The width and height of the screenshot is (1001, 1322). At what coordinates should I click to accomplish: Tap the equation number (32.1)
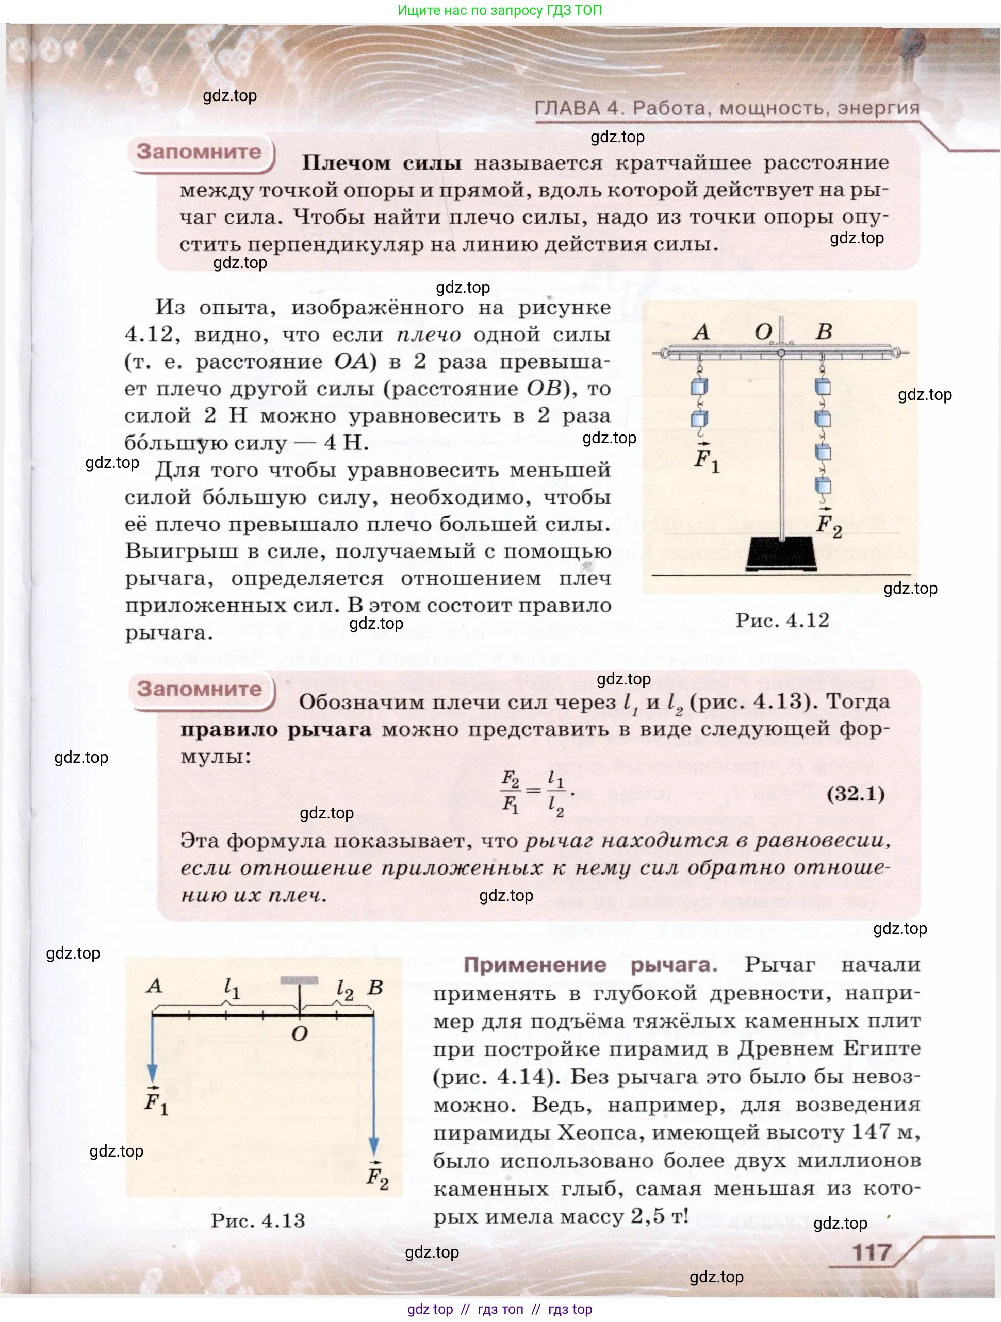855,794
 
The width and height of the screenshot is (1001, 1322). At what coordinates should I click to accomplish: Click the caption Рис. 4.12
782,621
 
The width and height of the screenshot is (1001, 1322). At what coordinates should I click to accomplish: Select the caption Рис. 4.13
258,1220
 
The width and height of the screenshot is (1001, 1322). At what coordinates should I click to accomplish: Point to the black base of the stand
781,554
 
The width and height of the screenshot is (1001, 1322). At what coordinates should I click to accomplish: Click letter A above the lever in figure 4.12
701,332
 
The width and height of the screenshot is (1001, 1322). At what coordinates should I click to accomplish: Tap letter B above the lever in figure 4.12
824,332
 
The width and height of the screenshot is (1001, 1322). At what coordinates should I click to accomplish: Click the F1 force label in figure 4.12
706,460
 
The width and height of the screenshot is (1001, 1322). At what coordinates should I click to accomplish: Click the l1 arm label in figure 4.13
232,989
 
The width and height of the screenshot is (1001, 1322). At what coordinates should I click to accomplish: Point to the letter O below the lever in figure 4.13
300,1033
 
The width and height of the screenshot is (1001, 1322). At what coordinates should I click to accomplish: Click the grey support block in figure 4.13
299,981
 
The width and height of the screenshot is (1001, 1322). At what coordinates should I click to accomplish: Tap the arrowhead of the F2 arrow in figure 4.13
374,1146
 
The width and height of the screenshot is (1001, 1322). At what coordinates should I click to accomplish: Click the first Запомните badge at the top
199,152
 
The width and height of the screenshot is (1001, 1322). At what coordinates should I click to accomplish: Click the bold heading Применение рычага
590,965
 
